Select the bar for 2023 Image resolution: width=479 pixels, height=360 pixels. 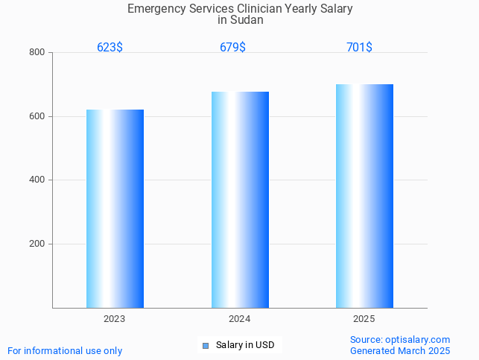[x=115, y=209]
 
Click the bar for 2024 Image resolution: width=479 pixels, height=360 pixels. [x=240, y=200]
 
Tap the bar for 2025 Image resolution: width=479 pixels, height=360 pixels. [x=364, y=196]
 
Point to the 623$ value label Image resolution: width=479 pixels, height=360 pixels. [x=110, y=47]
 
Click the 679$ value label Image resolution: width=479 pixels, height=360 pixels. [x=232, y=47]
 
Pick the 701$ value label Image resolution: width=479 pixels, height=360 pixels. [x=359, y=47]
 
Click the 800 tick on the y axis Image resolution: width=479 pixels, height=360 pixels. [x=37, y=52]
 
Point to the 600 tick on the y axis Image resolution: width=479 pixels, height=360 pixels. [x=37, y=116]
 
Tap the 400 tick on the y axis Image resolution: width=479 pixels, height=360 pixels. [x=37, y=180]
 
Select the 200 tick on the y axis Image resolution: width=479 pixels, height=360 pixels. [x=37, y=244]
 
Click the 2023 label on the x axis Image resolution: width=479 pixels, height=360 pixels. [x=114, y=318]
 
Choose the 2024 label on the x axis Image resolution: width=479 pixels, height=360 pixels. [x=239, y=318]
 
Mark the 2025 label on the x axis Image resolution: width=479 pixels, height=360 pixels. [x=364, y=318]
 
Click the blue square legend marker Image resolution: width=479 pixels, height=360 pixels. [x=206, y=345]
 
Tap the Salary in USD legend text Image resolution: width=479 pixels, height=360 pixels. [x=245, y=345]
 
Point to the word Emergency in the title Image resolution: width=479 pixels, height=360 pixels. [x=154, y=9]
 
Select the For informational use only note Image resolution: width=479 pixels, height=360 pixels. [x=65, y=350]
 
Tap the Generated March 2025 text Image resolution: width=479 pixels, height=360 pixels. [x=400, y=350]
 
